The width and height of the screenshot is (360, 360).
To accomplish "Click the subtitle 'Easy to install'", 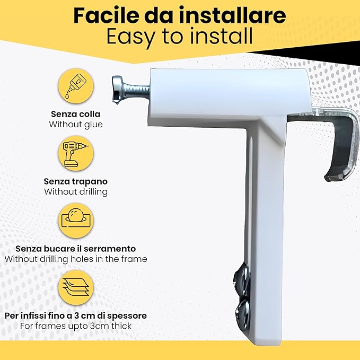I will click(179, 37).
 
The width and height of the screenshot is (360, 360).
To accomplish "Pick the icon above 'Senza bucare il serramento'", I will click(75, 220).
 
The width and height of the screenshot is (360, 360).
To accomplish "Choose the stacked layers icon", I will click(75, 287).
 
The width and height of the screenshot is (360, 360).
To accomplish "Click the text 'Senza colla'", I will click(75, 114).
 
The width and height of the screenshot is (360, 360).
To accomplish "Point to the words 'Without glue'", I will click(75, 125).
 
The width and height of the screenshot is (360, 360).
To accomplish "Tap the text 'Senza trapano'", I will click(75, 181).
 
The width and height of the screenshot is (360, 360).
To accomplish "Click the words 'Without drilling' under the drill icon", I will click(75, 191).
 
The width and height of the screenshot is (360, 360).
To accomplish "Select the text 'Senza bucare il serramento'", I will click(75, 248).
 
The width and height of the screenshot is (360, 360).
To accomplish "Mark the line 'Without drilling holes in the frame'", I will click(75, 259).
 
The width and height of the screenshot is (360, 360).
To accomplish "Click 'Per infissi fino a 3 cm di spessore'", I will click(75, 315).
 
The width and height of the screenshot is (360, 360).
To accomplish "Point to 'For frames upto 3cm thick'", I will click(75, 326).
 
